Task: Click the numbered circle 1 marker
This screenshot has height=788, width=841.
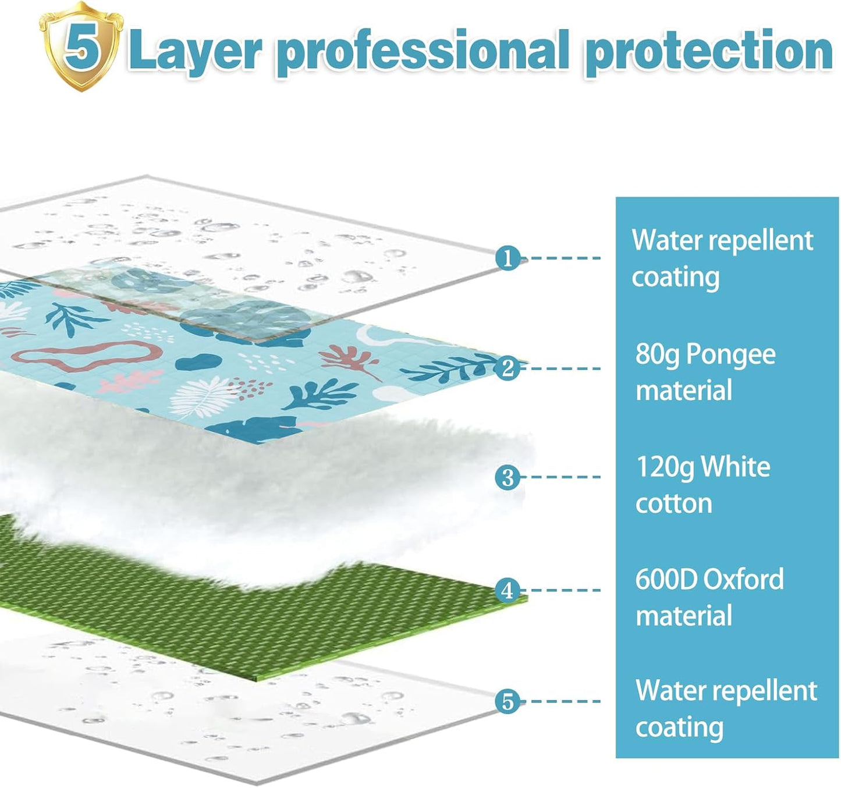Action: click(x=508, y=257)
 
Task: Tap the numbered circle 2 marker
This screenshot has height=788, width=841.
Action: click(x=508, y=368)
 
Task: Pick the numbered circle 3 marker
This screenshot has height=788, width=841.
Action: click(x=508, y=477)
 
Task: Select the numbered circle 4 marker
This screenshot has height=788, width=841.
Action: click(x=508, y=590)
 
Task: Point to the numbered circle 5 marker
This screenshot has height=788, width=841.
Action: click(x=508, y=701)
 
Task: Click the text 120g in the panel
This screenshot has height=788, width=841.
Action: click(x=664, y=467)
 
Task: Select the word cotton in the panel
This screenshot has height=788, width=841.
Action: click(x=673, y=503)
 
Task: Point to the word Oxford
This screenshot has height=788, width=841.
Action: click(x=744, y=579)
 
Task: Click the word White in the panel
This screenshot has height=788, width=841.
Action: click(x=736, y=467)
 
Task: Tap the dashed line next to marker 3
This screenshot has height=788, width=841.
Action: click(x=562, y=477)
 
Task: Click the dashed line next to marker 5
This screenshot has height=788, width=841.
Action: click(x=562, y=701)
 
